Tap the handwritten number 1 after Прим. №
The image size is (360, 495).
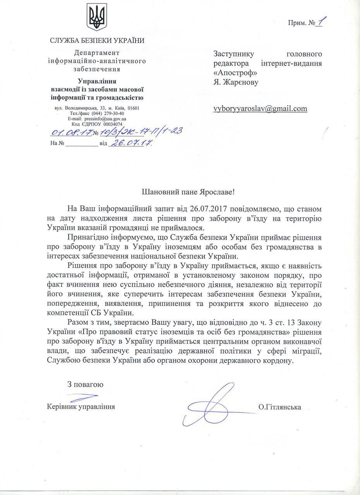pyautogui.click(x=320, y=23)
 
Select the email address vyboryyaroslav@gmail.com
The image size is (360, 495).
pyautogui.click(x=260, y=109)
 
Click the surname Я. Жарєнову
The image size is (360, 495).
pyautogui.click(x=235, y=82)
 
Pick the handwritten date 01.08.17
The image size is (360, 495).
pyautogui.click(x=70, y=133)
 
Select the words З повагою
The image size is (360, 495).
pyautogui.click(x=85, y=385)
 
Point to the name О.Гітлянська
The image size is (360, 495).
pyautogui.click(x=281, y=407)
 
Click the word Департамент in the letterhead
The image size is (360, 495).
pyautogui.click(x=94, y=53)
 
